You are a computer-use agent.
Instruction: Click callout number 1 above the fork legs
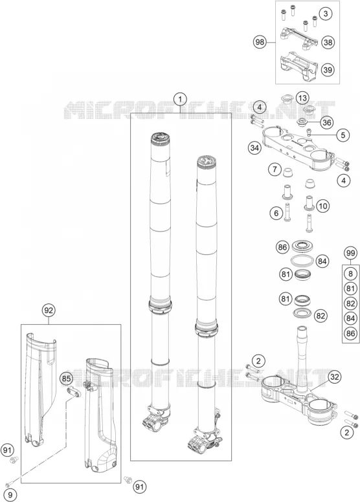point(180,100)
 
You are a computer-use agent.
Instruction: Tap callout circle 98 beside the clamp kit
point(260,42)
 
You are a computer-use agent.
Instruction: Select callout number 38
point(328,42)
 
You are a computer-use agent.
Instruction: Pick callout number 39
point(328,69)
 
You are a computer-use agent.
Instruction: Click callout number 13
point(302,98)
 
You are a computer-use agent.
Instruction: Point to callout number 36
point(326,122)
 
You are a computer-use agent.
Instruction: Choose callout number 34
point(254,148)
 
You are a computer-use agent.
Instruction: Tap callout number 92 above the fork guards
point(49,311)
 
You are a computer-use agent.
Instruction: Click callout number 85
point(66,378)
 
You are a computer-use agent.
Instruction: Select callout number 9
point(10,496)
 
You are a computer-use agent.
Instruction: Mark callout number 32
point(334,376)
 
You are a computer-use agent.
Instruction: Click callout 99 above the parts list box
point(350,253)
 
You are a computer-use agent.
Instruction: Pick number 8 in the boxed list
point(350,274)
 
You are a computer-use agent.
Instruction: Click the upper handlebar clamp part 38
point(299,38)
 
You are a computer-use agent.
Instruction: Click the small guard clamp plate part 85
point(73,391)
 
